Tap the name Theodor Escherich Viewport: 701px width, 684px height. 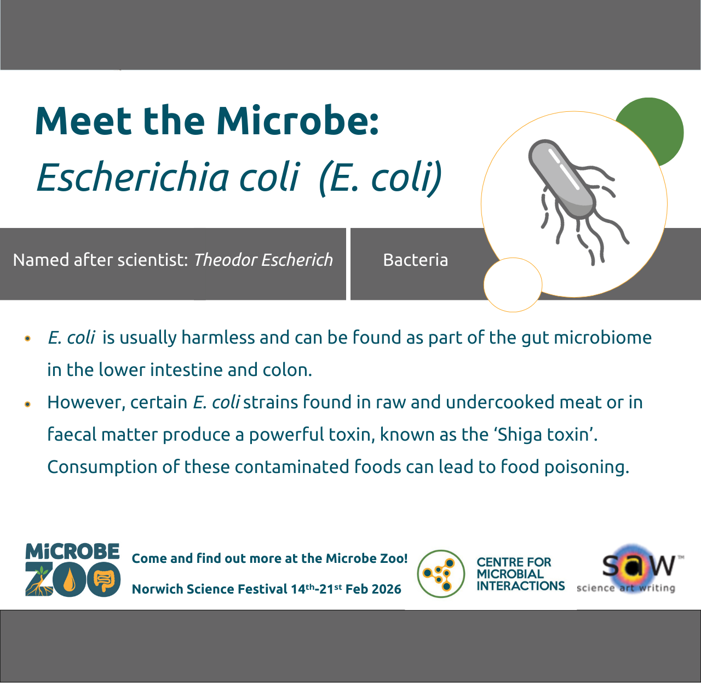(263, 260)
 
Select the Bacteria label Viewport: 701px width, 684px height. (415, 260)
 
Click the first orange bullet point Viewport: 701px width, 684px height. (27, 339)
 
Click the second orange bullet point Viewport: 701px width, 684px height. (27, 404)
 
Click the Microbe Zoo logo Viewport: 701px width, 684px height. (72, 570)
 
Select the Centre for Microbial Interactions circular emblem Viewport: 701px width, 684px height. (441, 574)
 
